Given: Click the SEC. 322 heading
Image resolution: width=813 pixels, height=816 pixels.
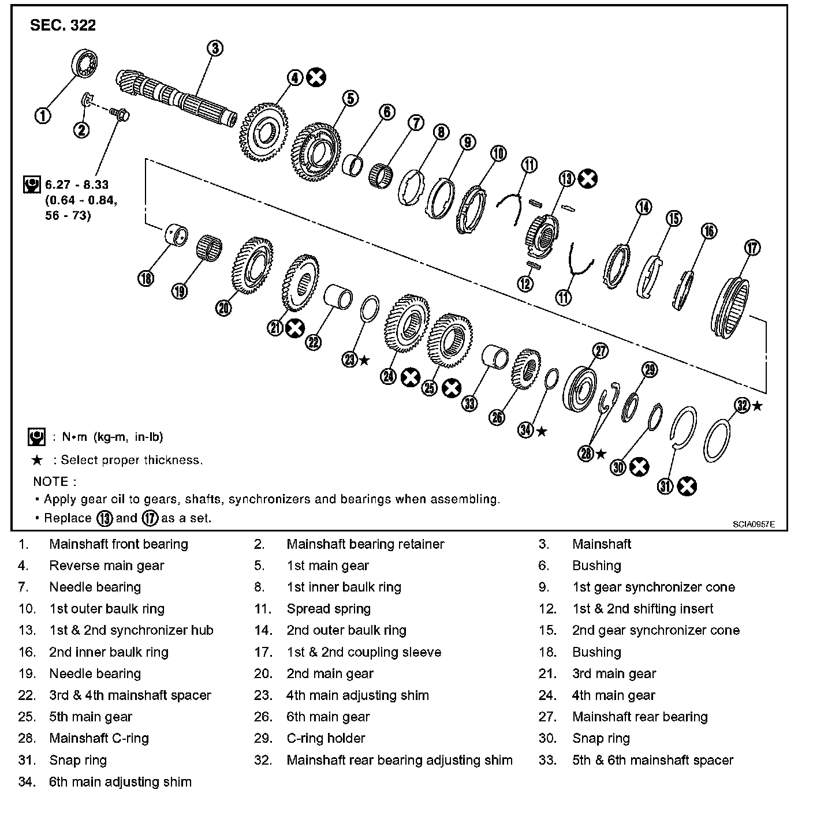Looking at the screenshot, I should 63,25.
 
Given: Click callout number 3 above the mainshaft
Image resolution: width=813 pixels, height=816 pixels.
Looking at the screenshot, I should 214,48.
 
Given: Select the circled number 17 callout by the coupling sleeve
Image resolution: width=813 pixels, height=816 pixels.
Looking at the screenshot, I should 752,248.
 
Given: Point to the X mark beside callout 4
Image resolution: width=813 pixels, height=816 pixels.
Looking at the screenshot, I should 316,77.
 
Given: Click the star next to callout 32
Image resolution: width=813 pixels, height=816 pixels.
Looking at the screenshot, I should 758,406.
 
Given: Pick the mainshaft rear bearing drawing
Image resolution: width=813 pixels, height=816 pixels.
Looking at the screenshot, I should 581,390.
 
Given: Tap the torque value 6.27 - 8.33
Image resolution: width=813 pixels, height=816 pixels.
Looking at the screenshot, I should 77,185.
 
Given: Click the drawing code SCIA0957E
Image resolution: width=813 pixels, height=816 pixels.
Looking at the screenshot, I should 754,524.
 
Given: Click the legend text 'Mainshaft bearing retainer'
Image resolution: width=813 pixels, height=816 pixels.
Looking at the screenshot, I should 365,544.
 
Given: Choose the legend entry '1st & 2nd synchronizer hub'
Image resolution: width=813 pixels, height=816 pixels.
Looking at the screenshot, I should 131,630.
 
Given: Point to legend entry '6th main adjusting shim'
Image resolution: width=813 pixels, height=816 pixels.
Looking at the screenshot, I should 120,782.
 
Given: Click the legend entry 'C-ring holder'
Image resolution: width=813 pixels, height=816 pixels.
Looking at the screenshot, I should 326,738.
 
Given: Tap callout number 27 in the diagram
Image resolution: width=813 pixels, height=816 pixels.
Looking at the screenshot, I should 601,351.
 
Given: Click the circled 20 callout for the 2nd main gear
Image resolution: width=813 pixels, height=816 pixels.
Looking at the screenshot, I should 223,308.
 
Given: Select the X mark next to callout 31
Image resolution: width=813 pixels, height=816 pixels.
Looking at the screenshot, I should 687,486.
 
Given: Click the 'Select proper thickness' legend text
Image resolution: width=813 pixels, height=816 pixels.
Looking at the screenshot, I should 132,460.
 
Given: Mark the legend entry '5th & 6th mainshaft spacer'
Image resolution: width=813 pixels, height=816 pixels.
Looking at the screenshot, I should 652,760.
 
